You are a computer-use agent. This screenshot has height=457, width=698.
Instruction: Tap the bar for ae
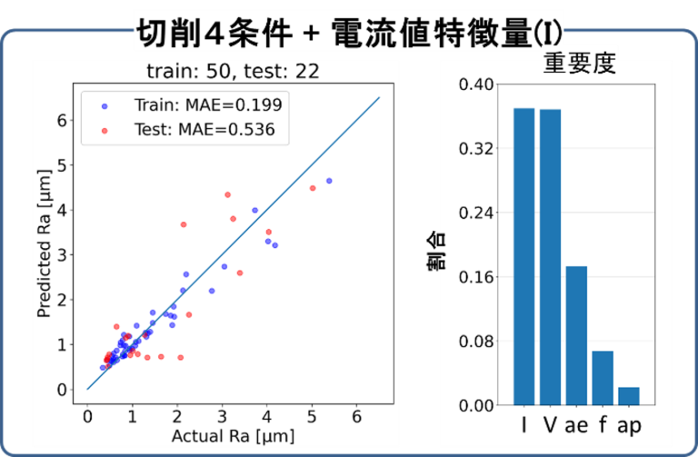(x=576, y=335)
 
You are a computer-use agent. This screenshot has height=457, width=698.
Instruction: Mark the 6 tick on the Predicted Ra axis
(x=62, y=120)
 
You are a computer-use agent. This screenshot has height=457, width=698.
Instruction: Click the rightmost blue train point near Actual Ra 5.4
(x=329, y=181)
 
